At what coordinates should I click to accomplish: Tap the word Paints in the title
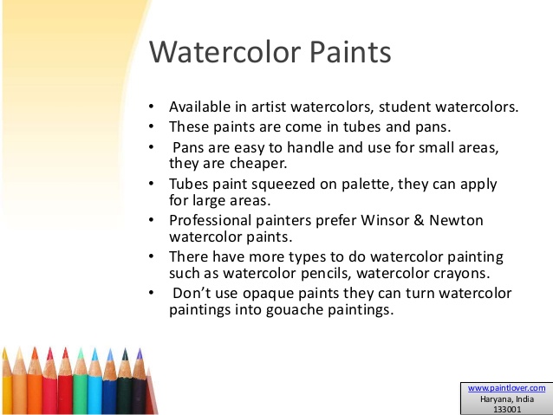pos(347,53)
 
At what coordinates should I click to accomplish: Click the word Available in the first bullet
pos(199,107)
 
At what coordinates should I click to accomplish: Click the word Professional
pos(211,220)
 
